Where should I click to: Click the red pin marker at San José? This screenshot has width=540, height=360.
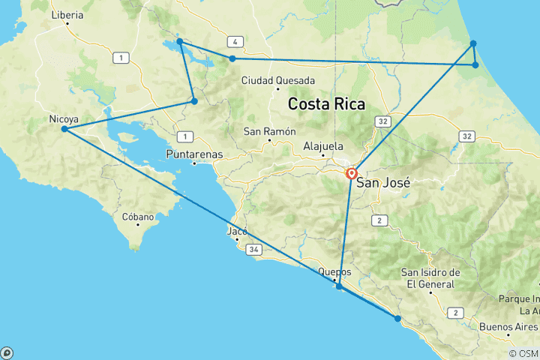point(351,173)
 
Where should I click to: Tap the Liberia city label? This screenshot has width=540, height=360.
point(66,15)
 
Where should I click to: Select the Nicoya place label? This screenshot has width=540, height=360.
point(63,118)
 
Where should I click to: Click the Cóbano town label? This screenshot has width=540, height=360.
point(138,217)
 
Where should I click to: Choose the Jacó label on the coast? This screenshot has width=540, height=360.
point(236,231)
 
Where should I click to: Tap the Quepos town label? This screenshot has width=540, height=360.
point(334,272)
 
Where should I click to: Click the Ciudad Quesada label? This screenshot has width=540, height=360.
point(270,81)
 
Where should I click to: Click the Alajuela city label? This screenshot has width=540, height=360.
point(323,146)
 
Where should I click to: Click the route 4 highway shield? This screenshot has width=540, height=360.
point(235,42)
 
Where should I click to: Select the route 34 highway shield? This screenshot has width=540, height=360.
point(256,249)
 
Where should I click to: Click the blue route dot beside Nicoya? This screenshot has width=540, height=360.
point(64,129)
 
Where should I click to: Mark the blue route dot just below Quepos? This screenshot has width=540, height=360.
point(339,286)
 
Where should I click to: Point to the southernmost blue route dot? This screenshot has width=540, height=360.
point(397,319)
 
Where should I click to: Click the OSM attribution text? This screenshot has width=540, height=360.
point(523,353)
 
